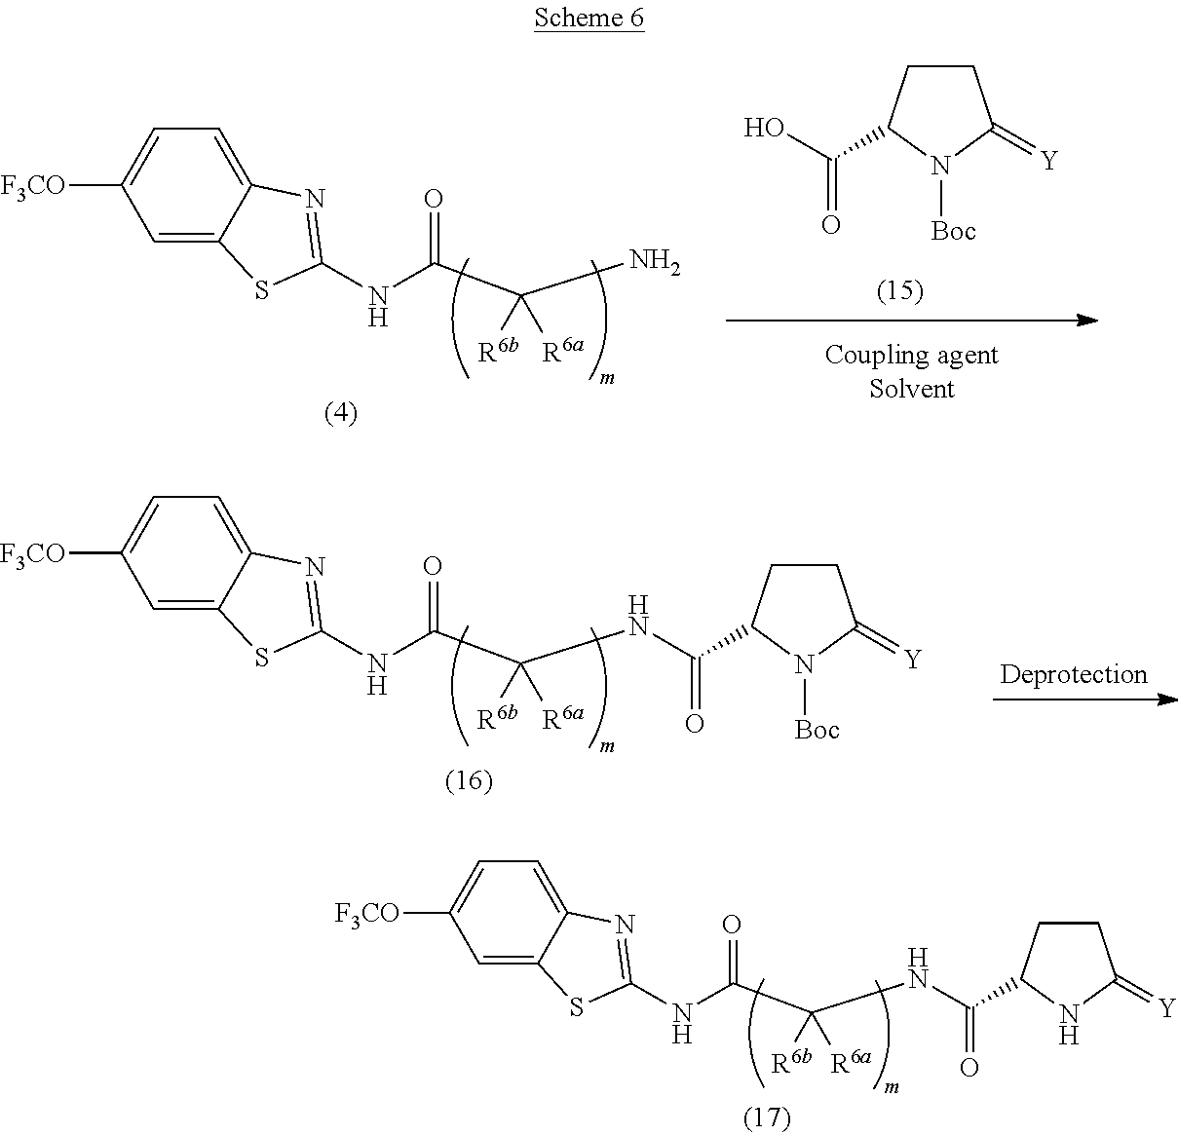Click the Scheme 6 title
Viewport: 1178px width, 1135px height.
coord(589,18)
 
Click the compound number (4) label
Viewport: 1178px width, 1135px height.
coord(340,413)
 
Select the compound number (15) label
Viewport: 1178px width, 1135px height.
coord(899,290)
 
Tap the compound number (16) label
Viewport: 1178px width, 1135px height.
coord(469,780)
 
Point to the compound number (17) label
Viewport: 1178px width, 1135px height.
coord(767,1117)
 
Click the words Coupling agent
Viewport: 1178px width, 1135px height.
coord(911,355)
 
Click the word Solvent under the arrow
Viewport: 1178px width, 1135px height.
coord(912,388)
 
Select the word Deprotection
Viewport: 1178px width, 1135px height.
coord(1073,674)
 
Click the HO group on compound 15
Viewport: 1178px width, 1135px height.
coord(766,128)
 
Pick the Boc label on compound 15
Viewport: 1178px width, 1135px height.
coord(953,231)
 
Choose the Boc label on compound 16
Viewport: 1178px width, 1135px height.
coord(817,729)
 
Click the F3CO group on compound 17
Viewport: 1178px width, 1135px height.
coord(366,913)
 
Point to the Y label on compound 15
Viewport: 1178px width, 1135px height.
coord(1048,161)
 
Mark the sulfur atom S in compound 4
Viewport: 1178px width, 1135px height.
coord(261,290)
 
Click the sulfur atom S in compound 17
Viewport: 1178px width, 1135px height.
coord(576,1007)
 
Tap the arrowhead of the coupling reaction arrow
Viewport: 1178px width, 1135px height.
coord(1088,320)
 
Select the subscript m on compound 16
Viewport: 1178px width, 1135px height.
coord(608,745)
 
